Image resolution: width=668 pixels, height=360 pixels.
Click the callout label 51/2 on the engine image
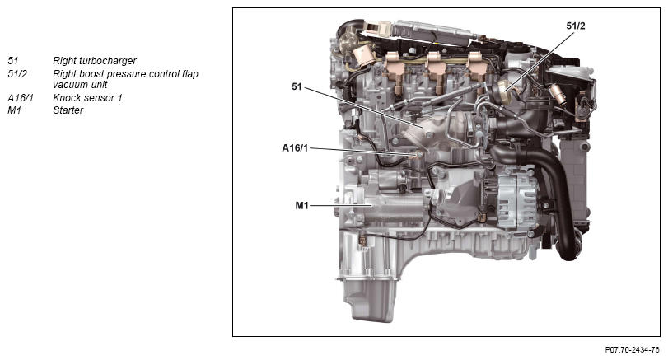click(576, 26)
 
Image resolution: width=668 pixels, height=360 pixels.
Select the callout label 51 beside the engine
click(297, 87)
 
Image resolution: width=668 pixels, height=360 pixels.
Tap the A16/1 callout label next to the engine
click(295, 148)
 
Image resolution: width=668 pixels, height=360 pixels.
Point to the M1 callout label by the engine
click(301, 206)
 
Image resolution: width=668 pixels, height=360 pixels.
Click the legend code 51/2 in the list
click(17, 74)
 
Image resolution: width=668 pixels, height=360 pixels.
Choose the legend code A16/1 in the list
click(21, 98)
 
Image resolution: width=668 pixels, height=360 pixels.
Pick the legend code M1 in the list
click(14, 110)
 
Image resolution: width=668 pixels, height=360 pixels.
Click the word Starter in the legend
click(68, 110)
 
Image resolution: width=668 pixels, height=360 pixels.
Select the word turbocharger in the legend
click(108, 61)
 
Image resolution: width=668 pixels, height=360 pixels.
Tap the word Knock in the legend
click(66, 98)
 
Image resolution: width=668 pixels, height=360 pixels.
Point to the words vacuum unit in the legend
click(80, 85)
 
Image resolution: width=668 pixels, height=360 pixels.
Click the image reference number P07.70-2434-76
click(633, 350)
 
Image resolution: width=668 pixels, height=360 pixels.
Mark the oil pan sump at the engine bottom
click(371, 298)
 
